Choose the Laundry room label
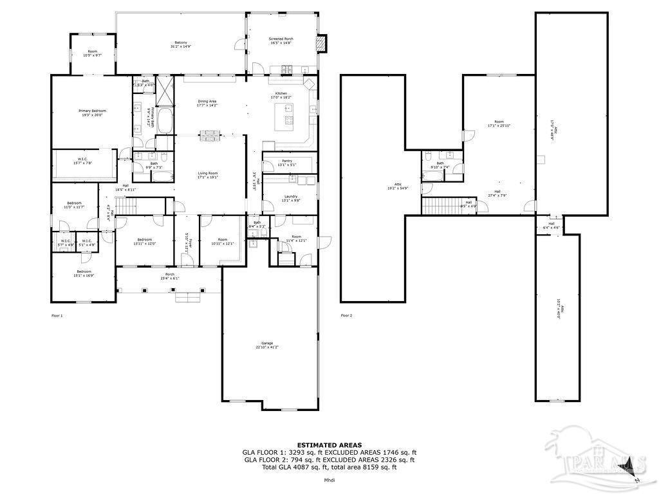(290, 198)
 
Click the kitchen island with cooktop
(286, 116)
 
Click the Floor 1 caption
(57, 316)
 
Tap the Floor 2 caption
(346, 316)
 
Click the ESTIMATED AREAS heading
(329, 444)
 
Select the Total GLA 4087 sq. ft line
(329, 468)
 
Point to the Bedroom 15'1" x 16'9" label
(84, 273)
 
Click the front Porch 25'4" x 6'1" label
(170, 276)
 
